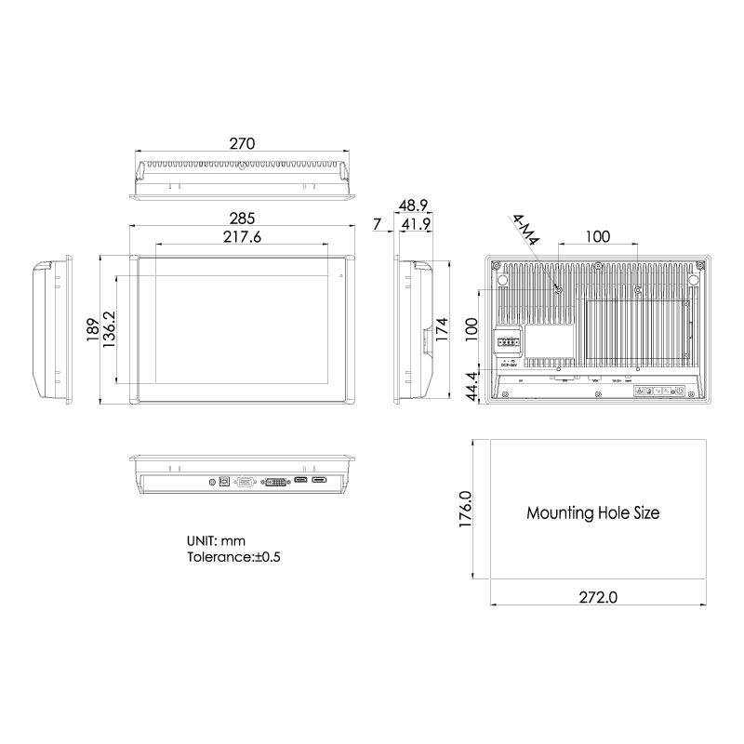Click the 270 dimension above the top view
pyautogui.click(x=242, y=144)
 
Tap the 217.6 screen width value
pyautogui.click(x=242, y=237)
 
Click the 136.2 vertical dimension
pyautogui.click(x=110, y=329)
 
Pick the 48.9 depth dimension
pyautogui.click(x=413, y=206)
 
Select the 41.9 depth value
pyautogui.click(x=415, y=224)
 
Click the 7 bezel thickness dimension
pyautogui.click(x=377, y=224)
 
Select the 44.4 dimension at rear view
pyautogui.click(x=472, y=386)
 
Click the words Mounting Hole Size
pyautogui.click(x=593, y=512)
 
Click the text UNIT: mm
pyautogui.click(x=216, y=540)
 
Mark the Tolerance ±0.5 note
pyautogui.click(x=233, y=557)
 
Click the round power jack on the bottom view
pyautogui.click(x=214, y=482)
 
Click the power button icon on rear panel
pyautogui.click(x=679, y=392)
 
